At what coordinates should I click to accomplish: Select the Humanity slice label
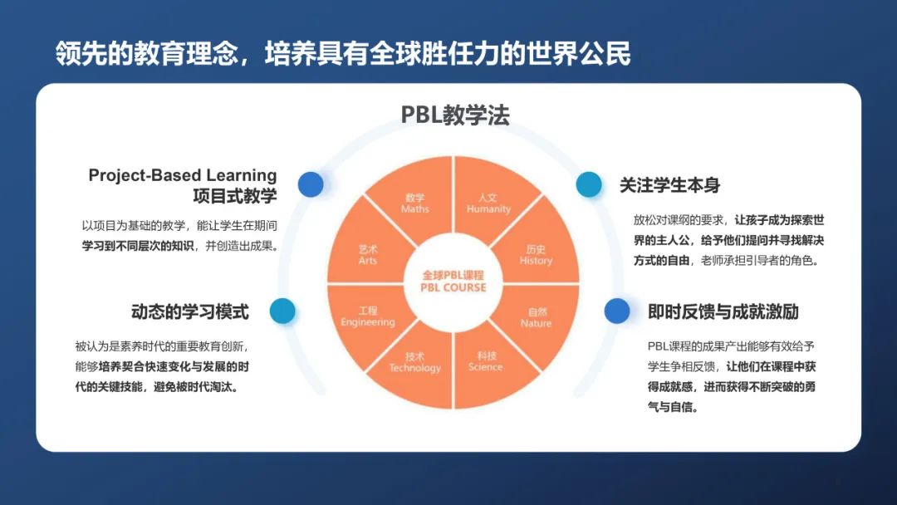pos(488,203)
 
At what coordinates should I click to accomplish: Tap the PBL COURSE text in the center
pos(453,287)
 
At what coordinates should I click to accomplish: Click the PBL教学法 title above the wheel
pos(455,115)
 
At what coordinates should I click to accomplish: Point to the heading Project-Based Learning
pos(183,175)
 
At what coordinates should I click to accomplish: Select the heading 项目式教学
pos(234,195)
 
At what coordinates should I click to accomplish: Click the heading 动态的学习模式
pos(190,311)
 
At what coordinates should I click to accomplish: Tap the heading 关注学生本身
pos(670,184)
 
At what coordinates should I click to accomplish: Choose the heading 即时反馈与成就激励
pos(723,311)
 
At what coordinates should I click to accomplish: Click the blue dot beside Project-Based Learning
pos(311,184)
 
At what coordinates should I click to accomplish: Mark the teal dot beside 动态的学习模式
pos(282,311)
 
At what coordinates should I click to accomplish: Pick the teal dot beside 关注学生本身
pos(589,184)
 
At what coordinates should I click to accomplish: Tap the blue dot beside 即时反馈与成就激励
pos(616,311)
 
